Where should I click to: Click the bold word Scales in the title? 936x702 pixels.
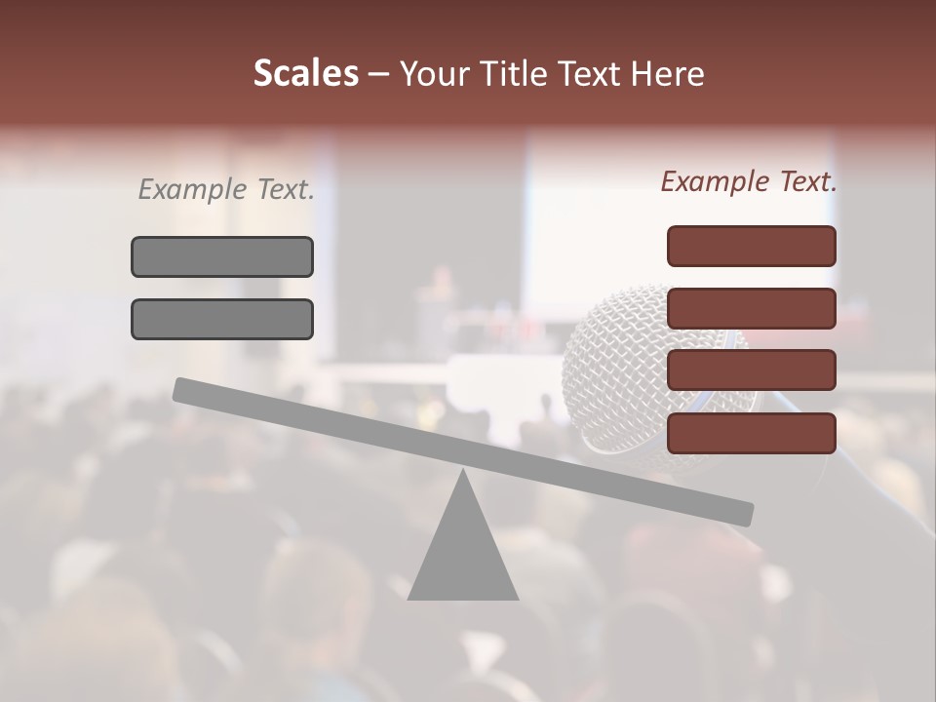[305, 73]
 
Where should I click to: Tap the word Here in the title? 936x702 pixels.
[667, 73]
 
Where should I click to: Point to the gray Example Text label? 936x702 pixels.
[226, 189]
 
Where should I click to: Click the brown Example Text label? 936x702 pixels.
[749, 181]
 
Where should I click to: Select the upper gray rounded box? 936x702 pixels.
[222, 256]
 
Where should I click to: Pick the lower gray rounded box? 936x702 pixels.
[222, 319]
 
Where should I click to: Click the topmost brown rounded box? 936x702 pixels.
[751, 246]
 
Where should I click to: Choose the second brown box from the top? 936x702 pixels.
[751, 308]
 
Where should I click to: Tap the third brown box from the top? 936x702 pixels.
[751, 370]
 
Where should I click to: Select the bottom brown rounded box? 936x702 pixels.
[751, 433]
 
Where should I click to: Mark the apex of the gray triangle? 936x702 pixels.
[463, 474]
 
